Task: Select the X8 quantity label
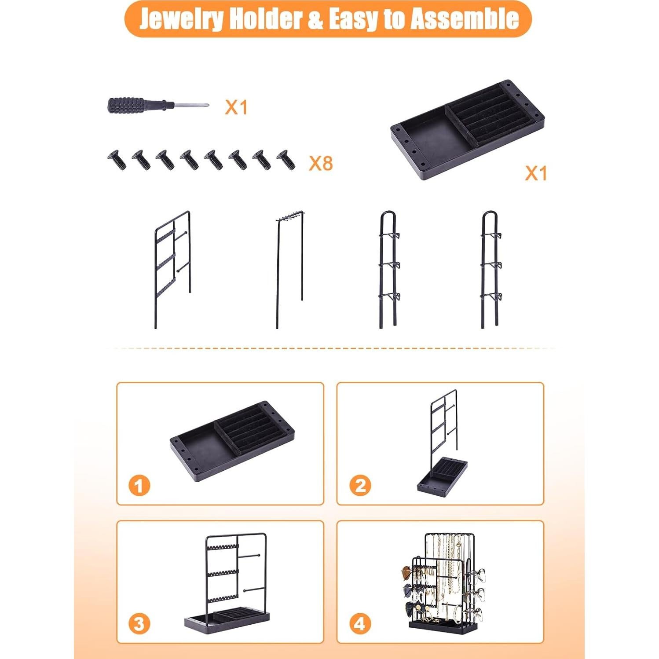(321, 163)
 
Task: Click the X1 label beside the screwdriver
(236, 107)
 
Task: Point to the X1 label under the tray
(536, 173)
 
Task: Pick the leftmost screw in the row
(117, 160)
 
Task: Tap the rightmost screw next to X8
(286, 160)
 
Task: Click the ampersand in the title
(315, 19)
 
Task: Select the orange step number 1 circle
(139, 486)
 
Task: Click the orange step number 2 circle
(360, 486)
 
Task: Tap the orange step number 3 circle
(139, 623)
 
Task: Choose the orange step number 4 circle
(360, 623)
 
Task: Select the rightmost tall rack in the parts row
(490, 268)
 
